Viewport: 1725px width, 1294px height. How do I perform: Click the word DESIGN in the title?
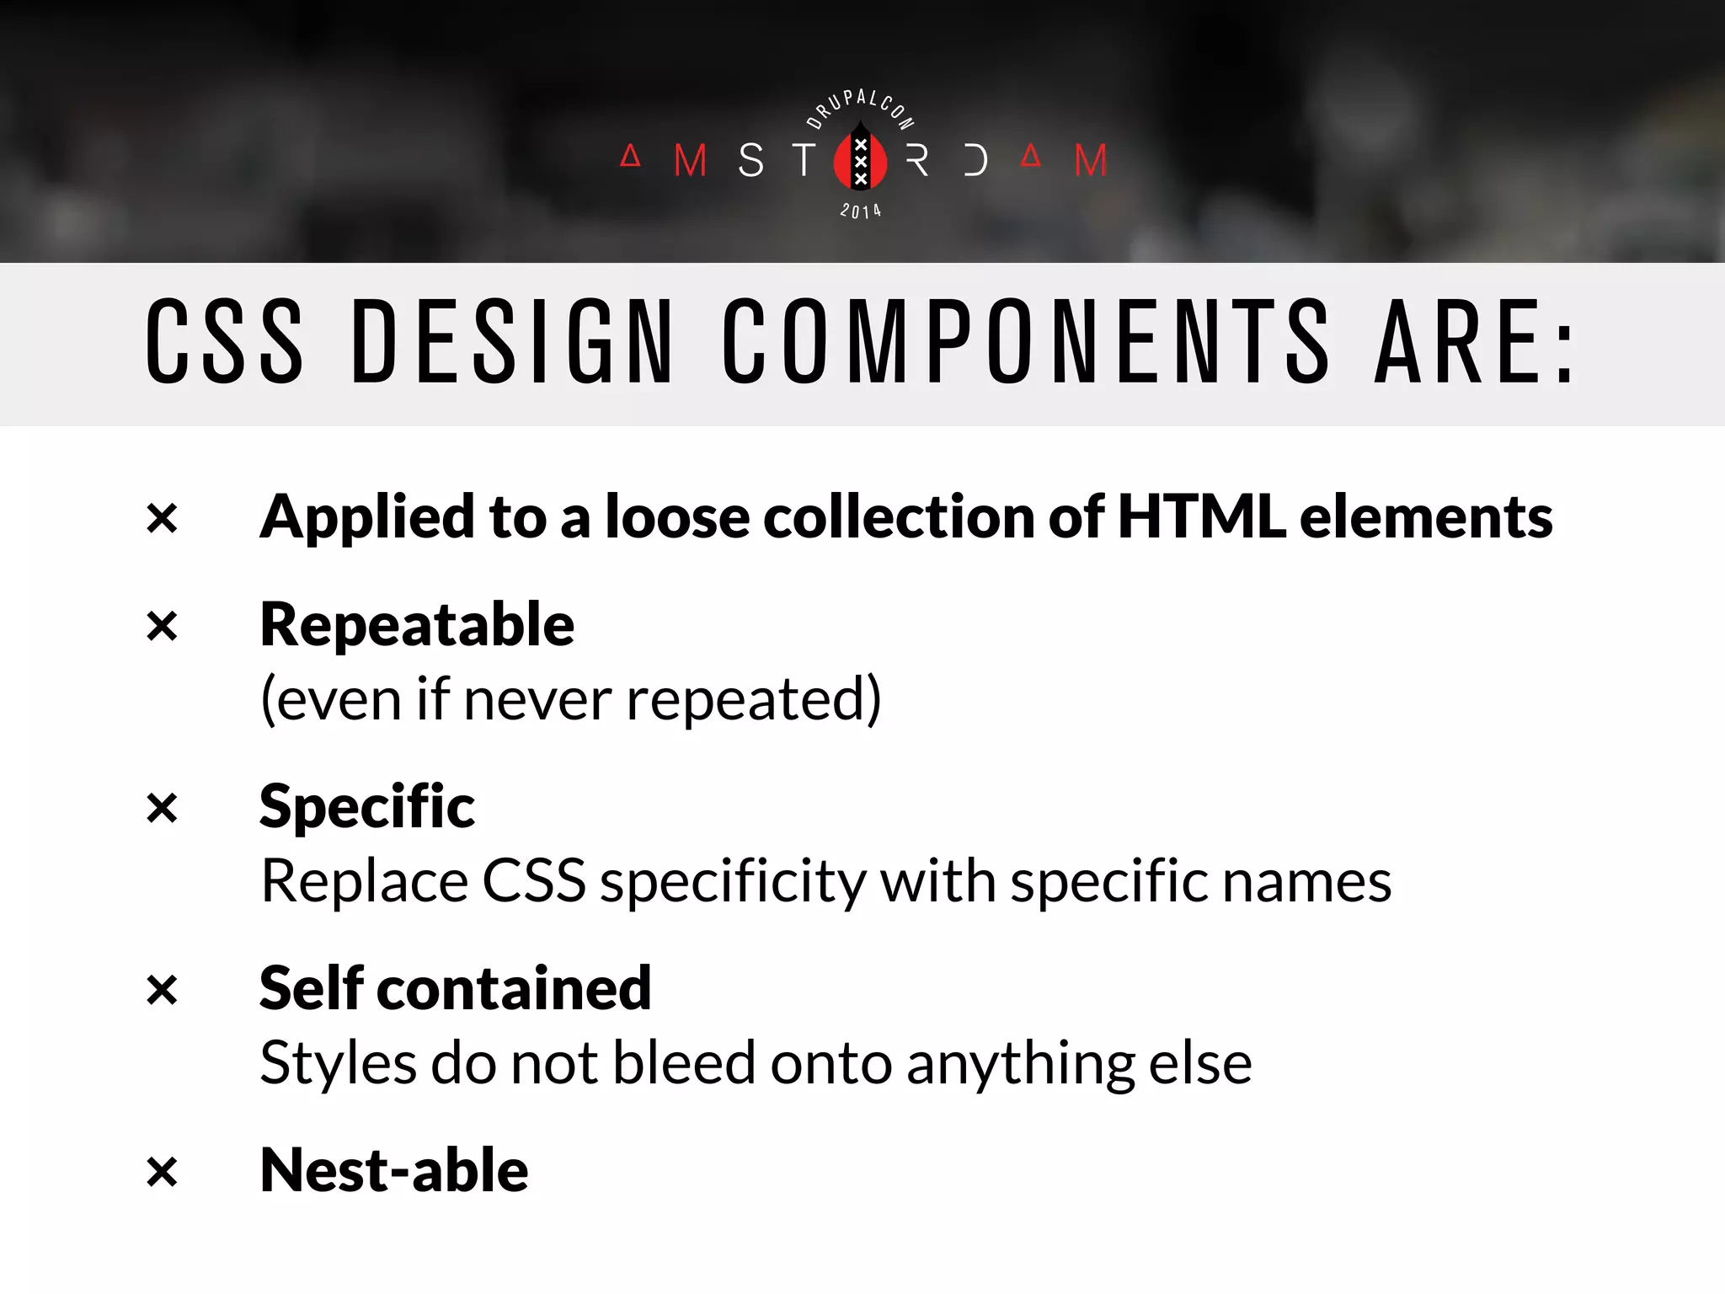click(x=512, y=341)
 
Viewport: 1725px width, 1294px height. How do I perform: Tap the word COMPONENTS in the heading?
click(x=1026, y=341)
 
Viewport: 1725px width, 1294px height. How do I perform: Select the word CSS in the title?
click(x=224, y=341)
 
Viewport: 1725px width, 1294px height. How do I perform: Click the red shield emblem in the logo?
click(x=860, y=159)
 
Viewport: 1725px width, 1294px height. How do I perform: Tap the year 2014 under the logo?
click(x=860, y=211)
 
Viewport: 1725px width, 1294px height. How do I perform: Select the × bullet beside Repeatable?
click(x=162, y=626)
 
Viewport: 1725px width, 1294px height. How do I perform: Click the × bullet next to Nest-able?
click(x=162, y=1172)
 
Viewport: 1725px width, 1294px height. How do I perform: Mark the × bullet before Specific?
click(x=162, y=808)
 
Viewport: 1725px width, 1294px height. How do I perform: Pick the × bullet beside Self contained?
click(x=162, y=990)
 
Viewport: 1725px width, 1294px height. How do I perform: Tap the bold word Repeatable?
click(x=417, y=625)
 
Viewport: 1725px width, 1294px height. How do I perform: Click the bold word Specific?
click(x=367, y=807)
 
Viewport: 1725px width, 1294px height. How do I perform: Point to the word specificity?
click(x=733, y=882)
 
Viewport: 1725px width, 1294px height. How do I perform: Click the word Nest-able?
click(x=394, y=1171)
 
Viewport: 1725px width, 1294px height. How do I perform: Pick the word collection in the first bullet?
click(x=899, y=516)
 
